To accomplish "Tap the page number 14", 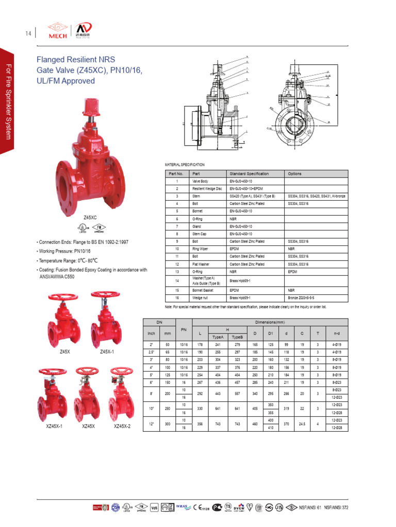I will [27, 34].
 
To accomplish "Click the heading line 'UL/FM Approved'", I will [65, 81].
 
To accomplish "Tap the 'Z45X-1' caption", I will [107, 352].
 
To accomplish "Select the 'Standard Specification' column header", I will [249, 173].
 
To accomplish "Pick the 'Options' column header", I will [295, 173].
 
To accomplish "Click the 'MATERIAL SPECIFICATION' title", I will [185, 165].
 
